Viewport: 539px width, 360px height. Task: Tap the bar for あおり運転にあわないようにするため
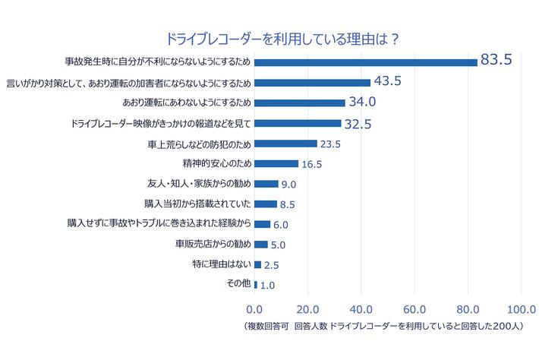(x=300, y=103)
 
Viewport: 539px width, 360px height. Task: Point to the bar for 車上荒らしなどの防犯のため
(x=285, y=143)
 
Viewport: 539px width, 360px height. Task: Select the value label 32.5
(x=357, y=124)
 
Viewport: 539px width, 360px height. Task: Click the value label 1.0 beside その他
(x=267, y=286)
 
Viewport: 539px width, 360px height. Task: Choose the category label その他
(x=238, y=283)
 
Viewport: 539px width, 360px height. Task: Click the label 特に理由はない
(x=221, y=264)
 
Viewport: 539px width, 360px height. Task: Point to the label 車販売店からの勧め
(x=213, y=244)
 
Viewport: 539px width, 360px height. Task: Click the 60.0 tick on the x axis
(x=414, y=309)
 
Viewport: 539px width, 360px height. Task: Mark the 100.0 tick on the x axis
(x=521, y=309)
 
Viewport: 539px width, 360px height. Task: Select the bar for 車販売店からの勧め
(x=261, y=244)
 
